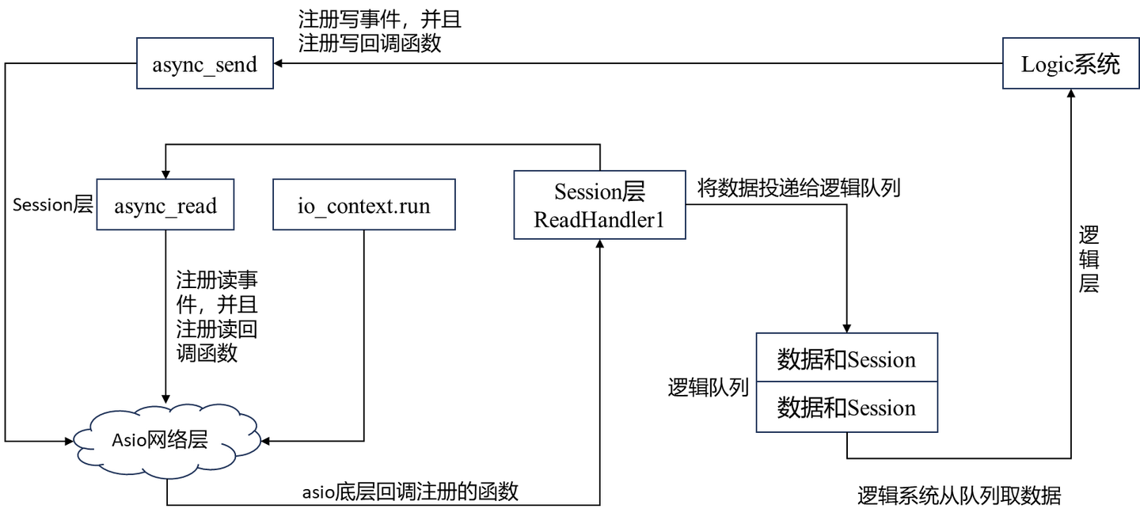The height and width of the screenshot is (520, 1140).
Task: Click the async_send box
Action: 204,64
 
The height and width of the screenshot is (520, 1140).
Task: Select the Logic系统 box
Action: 1070,64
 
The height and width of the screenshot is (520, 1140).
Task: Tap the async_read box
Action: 165,206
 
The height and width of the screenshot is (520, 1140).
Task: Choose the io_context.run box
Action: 363,206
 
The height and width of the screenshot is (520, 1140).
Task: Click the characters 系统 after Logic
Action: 1096,64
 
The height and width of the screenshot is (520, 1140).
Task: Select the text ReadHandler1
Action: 598,219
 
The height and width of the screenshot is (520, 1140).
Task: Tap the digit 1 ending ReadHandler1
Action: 659,219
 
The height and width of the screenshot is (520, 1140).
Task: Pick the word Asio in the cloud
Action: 128,440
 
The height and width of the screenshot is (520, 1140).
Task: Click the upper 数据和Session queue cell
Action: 846,359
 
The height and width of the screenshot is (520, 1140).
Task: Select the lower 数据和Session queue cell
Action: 846,408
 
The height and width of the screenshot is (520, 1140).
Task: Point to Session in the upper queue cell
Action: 881,360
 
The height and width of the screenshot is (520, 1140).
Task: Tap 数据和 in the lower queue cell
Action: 811,408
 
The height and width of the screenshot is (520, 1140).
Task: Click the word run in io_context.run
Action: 414,207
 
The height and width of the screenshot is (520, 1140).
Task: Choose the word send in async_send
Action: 236,64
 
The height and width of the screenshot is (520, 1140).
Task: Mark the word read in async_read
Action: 196,206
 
